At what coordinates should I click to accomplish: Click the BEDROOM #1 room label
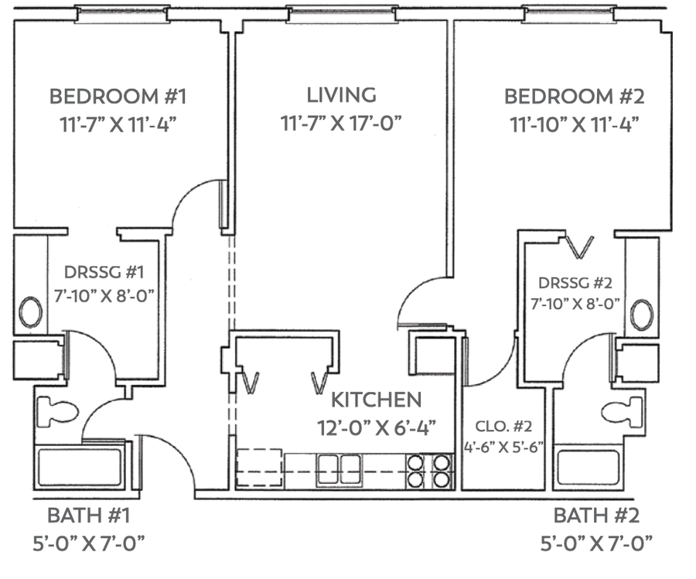click(x=118, y=97)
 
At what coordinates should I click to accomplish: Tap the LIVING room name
click(x=341, y=95)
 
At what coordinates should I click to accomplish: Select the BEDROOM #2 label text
click(x=575, y=97)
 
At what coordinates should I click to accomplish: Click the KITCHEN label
click(x=377, y=400)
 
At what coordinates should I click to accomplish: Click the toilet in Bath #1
click(x=57, y=410)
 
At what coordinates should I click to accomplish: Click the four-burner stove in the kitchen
click(x=429, y=471)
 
